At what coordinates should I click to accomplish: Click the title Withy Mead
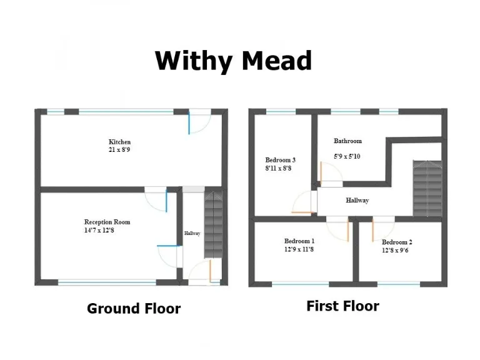pyautogui.click(x=233, y=61)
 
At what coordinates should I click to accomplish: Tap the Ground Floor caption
pyautogui.click(x=134, y=308)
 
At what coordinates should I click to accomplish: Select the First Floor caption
pyautogui.click(x=342, y=306)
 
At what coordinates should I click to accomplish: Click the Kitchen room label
pyautogui.click(x=119, y=142)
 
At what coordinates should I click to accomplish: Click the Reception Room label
pyautogui.click(x=107, y=222)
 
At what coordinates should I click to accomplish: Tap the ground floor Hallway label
pyautogui.click(x=192, y=233)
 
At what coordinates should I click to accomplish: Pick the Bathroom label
pyautogui.click(x=347, y=141)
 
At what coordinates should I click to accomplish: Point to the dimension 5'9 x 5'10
pyautogui.click(x=347, y=156)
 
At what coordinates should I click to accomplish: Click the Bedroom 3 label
pyautogui.click(x=281, y=160)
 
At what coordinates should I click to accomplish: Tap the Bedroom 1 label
pyautogui.click(x=299, y=241)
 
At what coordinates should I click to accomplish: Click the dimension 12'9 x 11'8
pyautogui.click(x=299, y=249)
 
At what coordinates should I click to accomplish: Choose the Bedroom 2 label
pyautogui.click(x=397, y=242)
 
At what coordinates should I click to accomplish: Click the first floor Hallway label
pyautogui.click(x=357, y=201)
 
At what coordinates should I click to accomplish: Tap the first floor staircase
pyautogui.click(x=427, y=187)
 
